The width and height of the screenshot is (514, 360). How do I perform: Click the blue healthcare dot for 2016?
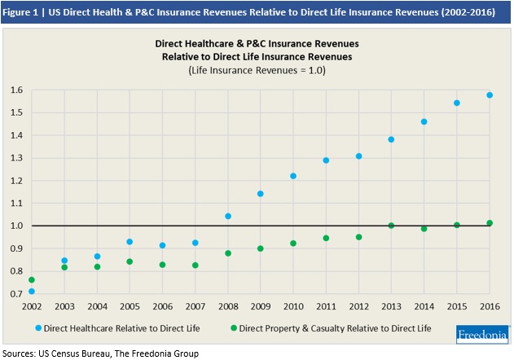pos(490,95)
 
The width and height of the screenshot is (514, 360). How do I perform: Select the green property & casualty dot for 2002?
pos(32,280)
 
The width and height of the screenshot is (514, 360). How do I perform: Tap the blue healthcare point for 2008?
pos(228,217)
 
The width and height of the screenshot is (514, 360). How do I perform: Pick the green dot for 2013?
pos(391,226)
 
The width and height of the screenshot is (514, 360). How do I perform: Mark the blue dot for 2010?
pos(293,176)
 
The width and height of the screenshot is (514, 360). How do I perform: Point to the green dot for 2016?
pos(490,223)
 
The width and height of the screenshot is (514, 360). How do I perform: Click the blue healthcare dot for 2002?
pos(32,292)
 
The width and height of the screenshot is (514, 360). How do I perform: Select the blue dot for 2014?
pos(424,122)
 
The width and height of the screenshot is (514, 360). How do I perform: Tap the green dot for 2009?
pos(261,248)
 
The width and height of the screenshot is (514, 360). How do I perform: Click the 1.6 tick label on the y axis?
pos(15,90)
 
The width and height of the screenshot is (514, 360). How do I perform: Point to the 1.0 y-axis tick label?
pos(15,226)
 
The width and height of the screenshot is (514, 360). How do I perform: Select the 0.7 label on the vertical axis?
pos(15,293)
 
